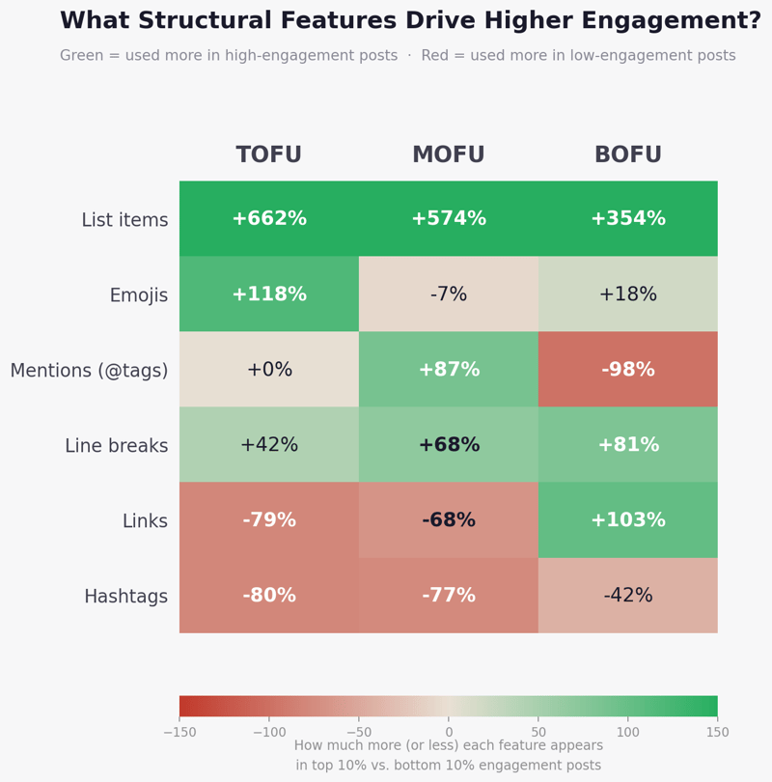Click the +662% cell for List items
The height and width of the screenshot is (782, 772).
[269, 219]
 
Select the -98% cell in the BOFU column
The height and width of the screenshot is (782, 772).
[628, 370]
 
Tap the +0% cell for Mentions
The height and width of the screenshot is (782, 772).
[269, 370]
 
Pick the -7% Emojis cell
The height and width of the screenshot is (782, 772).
[449, 294]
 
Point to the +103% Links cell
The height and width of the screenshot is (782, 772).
[628, 520]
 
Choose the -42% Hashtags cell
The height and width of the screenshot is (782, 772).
[628, 596]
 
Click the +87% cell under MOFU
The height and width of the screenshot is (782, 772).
[449, 370]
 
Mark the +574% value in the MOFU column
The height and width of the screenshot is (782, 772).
[449, 219]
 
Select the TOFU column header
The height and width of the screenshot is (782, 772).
[269, 155]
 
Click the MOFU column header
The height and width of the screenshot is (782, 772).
[449, 155]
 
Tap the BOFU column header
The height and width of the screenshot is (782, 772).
[628, 155]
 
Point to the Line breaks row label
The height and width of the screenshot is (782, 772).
[116, 446]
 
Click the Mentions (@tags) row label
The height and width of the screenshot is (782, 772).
[89, 371]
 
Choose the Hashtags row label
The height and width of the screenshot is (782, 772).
[125, 597]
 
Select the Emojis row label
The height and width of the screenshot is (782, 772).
[138, 295]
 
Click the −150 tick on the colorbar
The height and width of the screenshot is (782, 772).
[179, 733]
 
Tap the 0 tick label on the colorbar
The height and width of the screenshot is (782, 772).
[449, 733]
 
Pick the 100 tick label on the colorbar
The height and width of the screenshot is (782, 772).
[628, 733]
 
